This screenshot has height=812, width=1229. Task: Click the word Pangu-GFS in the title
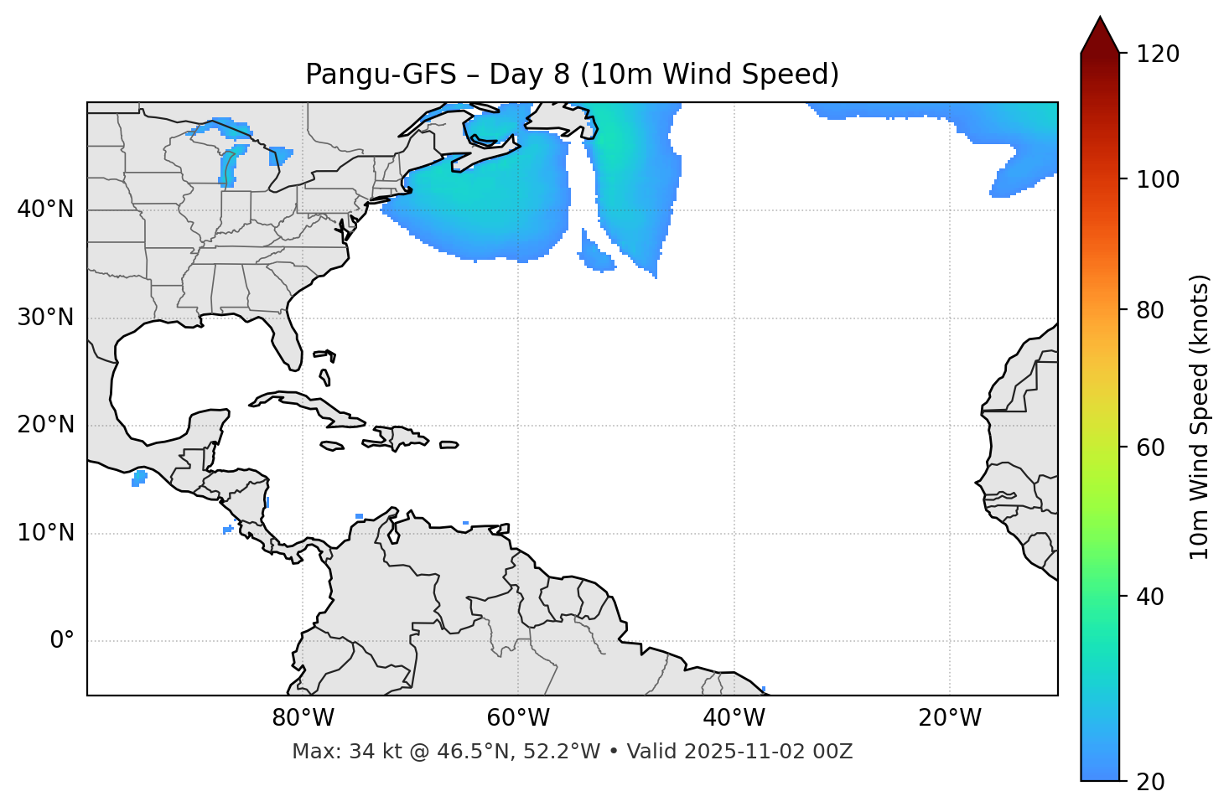click(x=381, y=75)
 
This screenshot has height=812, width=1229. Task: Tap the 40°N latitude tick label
click(x=45, y=209)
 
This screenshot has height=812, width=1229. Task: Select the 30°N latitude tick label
click(x=45, y=318)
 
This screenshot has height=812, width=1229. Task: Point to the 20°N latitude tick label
click(x=45, y=425)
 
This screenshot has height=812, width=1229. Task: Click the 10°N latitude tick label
click(x=45, y=533)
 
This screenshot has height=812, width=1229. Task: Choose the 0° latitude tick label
click(x=62, y=641)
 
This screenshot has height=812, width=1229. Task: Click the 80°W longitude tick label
click(x=303, y=718)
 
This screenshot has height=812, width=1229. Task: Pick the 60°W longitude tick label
click(x=518, y=718)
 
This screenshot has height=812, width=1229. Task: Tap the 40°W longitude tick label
click(x=734, y=718)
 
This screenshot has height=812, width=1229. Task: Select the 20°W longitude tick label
click(x=949, y=718)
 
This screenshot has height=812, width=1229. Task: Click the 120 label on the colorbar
click(x=1158, y=54)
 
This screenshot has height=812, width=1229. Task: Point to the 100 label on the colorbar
click(x=1158, y=179)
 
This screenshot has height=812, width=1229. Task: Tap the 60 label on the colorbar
click(x=1151, y=447)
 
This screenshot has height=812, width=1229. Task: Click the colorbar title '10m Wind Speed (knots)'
click(x=1200, y=416)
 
